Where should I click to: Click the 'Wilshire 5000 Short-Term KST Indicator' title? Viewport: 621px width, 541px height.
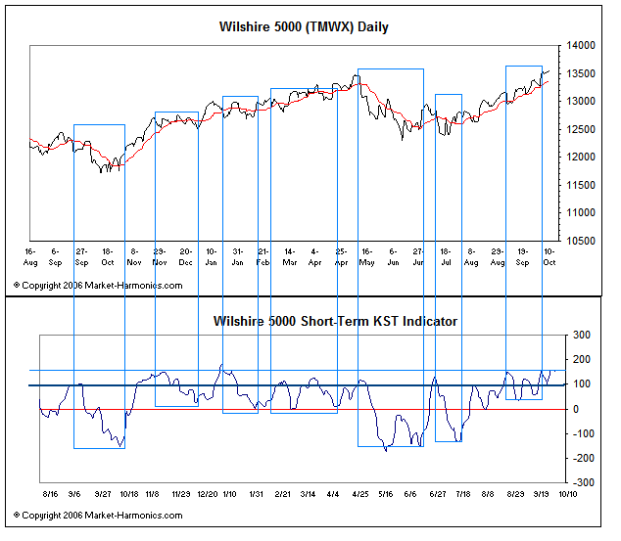pos(335,321)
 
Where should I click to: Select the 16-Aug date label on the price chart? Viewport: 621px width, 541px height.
pos(30,256)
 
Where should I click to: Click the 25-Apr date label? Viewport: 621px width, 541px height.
pos(341,256)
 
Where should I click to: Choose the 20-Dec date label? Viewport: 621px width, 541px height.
pos(185,256)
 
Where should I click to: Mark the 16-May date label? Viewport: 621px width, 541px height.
pos(366,256)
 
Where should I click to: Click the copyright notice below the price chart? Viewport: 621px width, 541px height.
pos(98,285)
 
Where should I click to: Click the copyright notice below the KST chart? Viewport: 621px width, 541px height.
pos(98,514)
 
